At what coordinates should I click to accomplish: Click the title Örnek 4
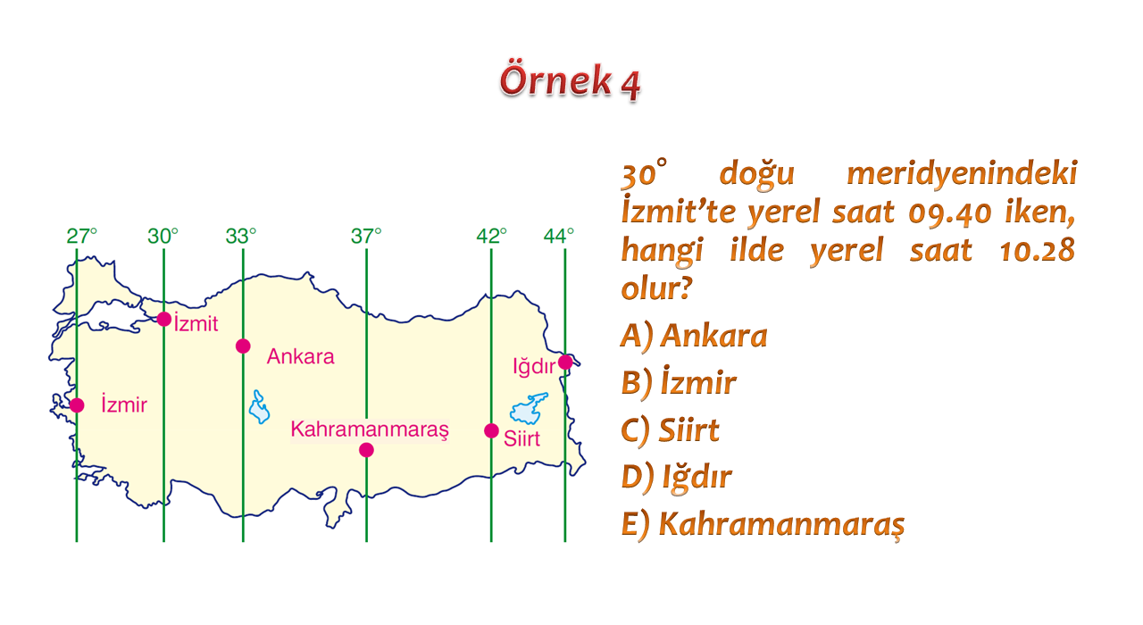pos(570,81)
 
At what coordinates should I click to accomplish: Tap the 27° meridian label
pos(81,237)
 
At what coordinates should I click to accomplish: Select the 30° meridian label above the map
pos(163,237)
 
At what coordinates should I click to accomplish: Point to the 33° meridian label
pos(241,237)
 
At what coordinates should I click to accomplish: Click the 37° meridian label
pos(366,237)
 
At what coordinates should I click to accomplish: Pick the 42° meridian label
pos(491,237)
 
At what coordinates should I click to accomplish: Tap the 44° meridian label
pos(559,237)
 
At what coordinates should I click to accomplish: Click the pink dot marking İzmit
pos(163,320)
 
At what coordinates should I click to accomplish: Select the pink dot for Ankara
pos(243,346)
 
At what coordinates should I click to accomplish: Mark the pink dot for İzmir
pos(77,405)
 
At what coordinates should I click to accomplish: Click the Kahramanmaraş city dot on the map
pos(366,450)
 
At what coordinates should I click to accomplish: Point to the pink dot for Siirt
pos(491,431)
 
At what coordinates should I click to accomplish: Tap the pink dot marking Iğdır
pos(565,362)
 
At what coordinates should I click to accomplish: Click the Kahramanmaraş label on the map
pos(370,429)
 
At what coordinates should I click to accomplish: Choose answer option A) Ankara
pos(694,336)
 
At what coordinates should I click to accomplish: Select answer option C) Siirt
pos(670,429)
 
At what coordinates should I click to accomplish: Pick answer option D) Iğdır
pos(677,478)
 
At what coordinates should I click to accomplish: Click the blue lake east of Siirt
pos(529,408)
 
